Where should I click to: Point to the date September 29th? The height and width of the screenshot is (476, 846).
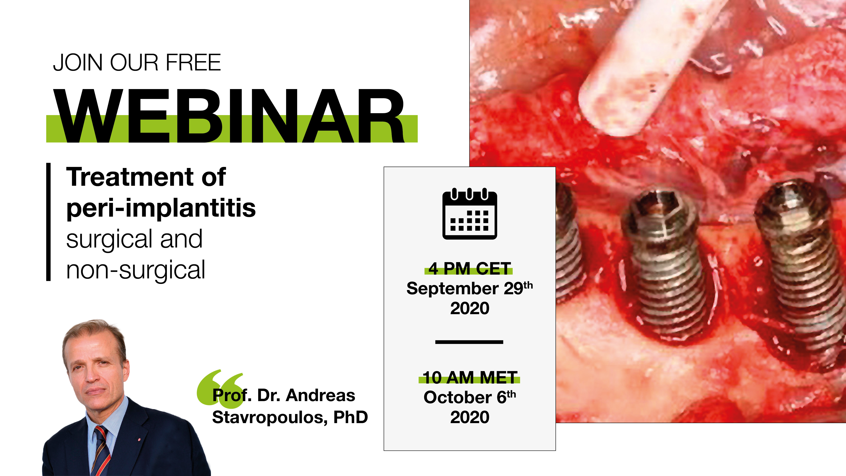click(x=470, y=288)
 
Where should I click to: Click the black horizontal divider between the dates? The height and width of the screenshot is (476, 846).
click(x=469, y=342)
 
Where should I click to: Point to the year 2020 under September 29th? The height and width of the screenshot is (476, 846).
click(x=470, y=308)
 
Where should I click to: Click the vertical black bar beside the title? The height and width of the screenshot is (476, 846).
click(x=48, y=222)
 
